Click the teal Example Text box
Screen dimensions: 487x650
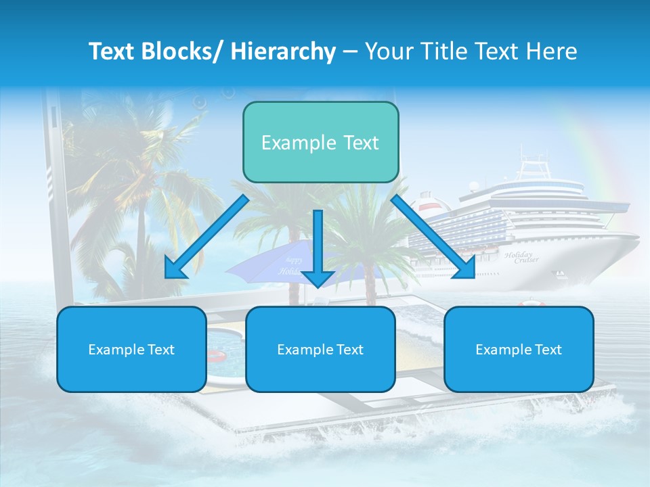coord(320,142)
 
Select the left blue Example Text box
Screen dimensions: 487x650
coord(131,349)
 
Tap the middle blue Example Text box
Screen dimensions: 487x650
coord(320,349)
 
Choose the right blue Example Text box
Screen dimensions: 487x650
coord(519,349)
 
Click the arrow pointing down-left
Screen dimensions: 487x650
coord(207,237)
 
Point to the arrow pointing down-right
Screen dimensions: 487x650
coord(433,237)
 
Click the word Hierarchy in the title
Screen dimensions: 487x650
coord(283,51)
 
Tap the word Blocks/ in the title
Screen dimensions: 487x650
coord(181,51)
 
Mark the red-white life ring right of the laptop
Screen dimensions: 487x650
coord(530,304)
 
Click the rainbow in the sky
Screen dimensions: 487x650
coord(596,156)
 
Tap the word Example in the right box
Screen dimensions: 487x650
coord(499,349)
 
